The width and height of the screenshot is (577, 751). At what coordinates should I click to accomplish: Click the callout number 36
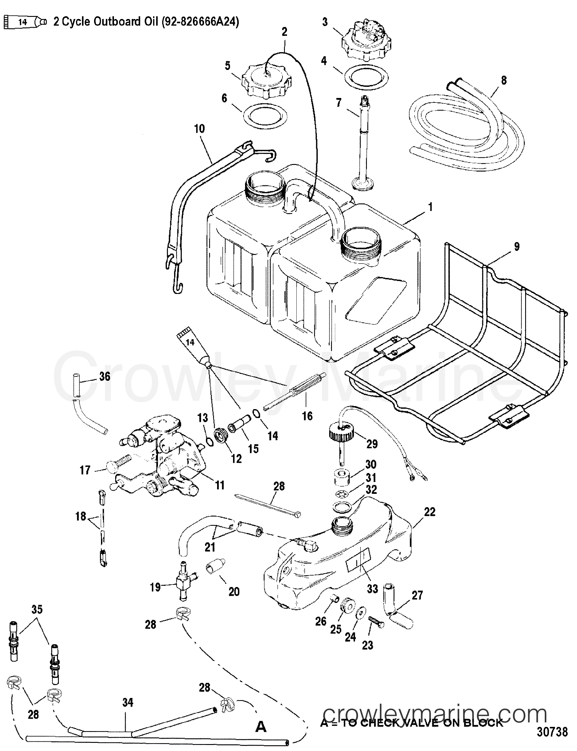point(104,376)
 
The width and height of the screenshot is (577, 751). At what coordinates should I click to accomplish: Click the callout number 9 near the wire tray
point(516,247)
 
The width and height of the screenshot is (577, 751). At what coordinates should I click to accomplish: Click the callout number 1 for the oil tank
point(430,207)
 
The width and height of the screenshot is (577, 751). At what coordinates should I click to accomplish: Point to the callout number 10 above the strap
point(199,129)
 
